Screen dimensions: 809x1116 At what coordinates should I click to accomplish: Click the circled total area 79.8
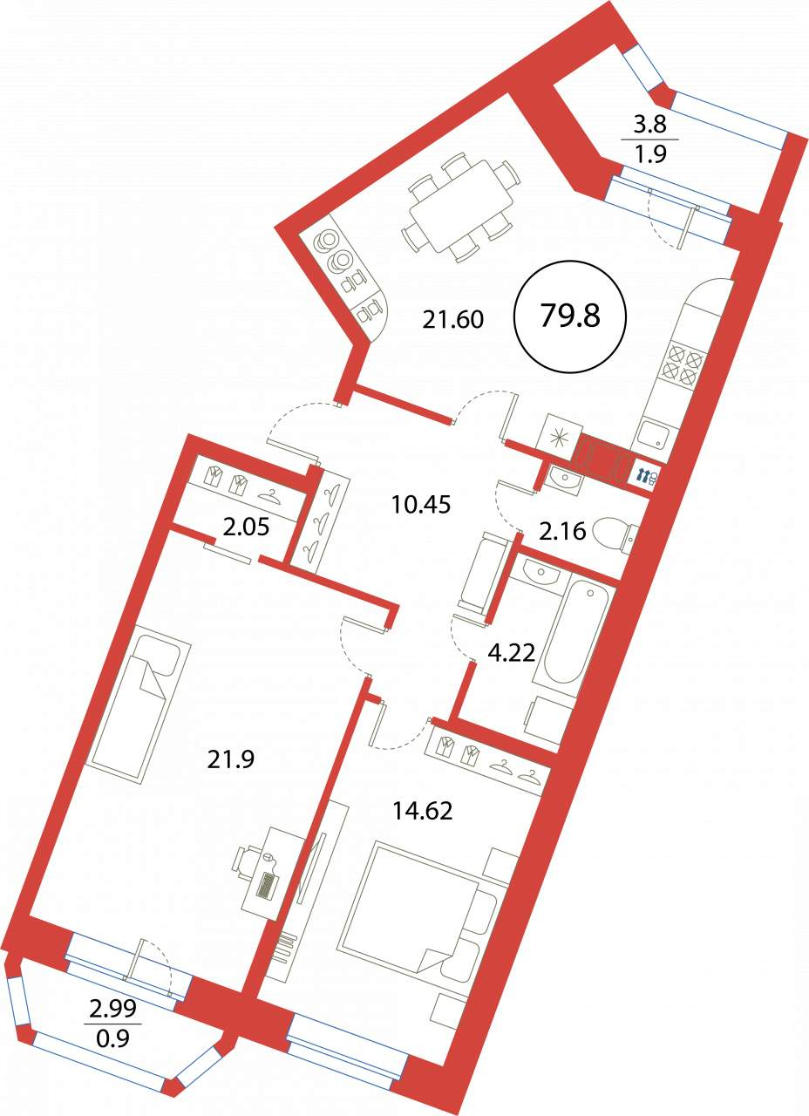(570, 316)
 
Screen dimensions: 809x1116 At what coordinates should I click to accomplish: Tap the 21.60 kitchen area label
(452, 319)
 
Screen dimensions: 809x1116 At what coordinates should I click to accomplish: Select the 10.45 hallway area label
(420, 505)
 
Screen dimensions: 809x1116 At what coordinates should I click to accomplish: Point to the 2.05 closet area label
(246, 526)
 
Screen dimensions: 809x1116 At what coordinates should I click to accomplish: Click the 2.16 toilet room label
(562, 531)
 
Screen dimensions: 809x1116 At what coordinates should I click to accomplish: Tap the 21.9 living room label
(231, 759)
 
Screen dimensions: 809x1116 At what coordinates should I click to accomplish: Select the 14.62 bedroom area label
(423, 811)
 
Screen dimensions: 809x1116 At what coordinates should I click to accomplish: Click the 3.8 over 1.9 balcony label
(650, 139)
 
